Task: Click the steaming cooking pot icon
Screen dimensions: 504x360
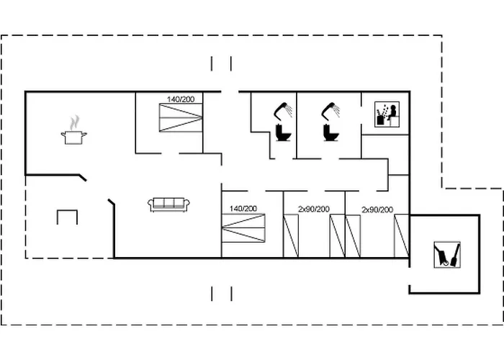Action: (x=74, y=130)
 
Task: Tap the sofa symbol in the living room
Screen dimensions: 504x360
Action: (x=168, y=204)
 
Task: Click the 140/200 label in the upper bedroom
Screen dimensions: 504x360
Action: (x=181, y=99)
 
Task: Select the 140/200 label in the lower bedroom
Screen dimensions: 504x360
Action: (x=243, y=209)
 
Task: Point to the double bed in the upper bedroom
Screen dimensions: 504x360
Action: (x=181, y=117)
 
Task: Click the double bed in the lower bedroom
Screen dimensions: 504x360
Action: (x=243, y=228)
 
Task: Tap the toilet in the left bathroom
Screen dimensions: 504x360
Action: (x=283, y=132)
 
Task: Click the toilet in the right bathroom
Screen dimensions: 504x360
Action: (x=330, y=132)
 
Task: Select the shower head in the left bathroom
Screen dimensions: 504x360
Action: (x=283, y=111)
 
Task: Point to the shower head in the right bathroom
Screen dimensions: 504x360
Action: (x=330, y=111)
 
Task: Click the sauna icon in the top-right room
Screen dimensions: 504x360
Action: (x=387, y=114)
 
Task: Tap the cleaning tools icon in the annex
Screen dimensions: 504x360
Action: (x=447, y=255)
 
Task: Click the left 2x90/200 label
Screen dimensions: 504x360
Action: (x=314, y=210)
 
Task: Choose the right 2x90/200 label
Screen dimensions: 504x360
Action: (x=377, y=210)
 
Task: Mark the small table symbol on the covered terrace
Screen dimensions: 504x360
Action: (x=67, y=217)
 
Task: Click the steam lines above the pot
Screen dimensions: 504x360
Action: (x=75, y=122)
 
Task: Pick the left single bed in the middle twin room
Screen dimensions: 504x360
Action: (x=291, y=236)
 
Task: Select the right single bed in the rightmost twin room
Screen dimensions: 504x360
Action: (x=402, y=235)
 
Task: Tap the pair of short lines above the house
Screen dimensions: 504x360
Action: (x=221, y=63)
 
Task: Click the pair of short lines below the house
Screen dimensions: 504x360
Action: (x=222, y=294)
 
